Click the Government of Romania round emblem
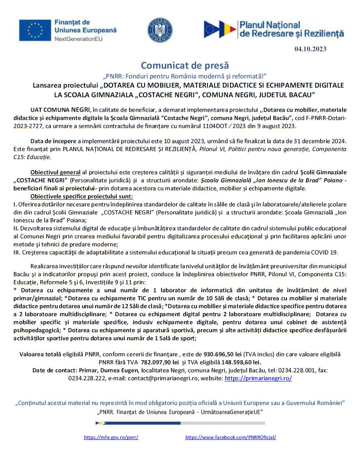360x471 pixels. click(160, 30)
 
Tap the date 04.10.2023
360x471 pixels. click(310, 49)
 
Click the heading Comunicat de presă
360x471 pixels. click(185, 65)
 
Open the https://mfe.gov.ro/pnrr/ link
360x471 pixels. click(111, 437)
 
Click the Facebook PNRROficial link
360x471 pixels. click(231, 437)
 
